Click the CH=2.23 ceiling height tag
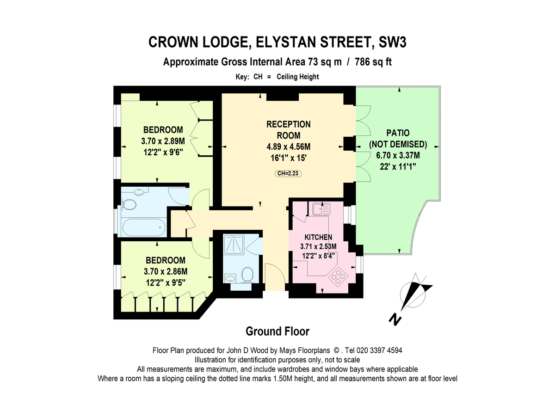click(x=288, y=174)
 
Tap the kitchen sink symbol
click(x=321, y=209)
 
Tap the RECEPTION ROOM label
click(x=288, y=130)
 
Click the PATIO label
click(x=398, y=133)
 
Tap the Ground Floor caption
click(x=277, y=331)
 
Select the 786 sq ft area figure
click(x=373, y=62)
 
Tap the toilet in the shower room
click(x=248, y=275)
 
